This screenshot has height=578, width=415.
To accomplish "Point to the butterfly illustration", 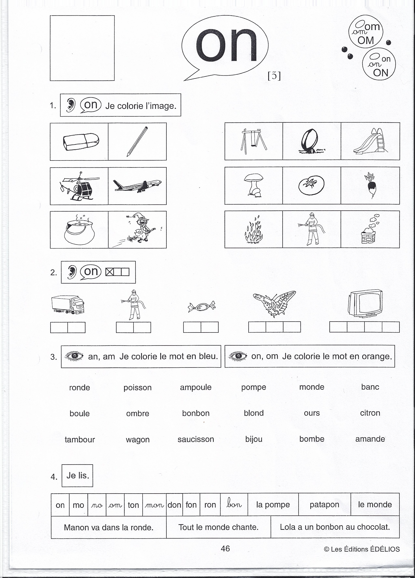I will [274, 304].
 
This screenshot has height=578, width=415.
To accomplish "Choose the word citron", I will [370, 413].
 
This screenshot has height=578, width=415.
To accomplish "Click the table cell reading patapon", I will [324, 505].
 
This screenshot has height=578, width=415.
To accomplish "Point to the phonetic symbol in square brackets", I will [274, 76].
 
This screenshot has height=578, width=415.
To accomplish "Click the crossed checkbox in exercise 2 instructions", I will [109, 272].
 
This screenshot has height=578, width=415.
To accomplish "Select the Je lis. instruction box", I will [77, 476].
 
